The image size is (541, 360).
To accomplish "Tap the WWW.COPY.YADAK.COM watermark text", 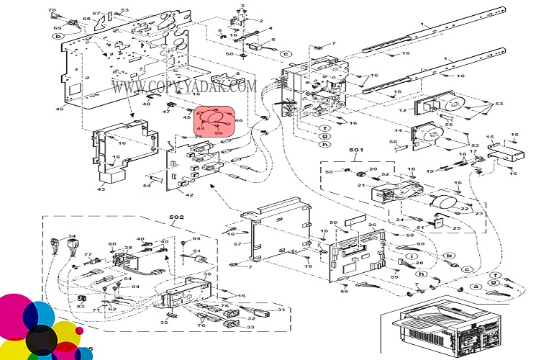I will (x=184, y=87).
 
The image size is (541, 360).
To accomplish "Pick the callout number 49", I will (x=61, y=108).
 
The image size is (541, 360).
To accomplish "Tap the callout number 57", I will (x=237, y=245).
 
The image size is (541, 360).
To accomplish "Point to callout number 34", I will (x=71, y=235).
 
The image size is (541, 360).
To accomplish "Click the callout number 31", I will (x=282, y=310).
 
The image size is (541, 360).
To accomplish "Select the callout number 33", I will (x=250, y=327).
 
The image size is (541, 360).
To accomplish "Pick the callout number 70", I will (x=51, y=11).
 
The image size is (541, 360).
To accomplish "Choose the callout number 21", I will (x=360, y=185).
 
